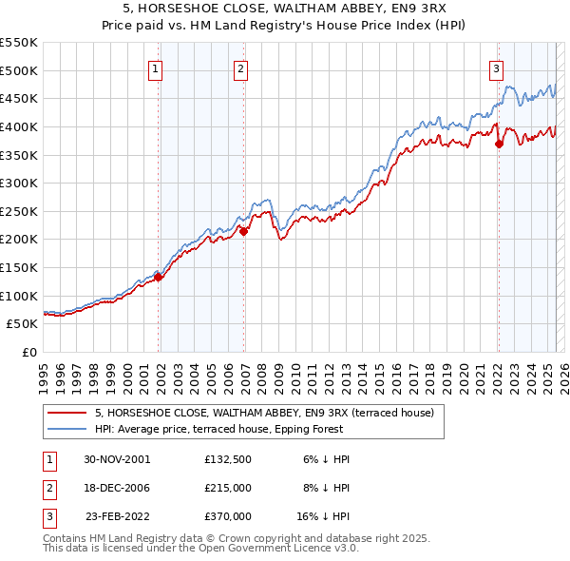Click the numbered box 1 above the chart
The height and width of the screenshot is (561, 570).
[155, 68]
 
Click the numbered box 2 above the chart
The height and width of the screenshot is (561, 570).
[241, 68]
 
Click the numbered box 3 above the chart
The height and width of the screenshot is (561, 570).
[496, 68]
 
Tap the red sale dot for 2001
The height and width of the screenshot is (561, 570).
[159, 277]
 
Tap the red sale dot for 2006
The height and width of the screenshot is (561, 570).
[244, 230]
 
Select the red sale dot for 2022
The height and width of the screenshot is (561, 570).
[499, 145]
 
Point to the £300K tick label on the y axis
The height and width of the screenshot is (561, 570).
[18, 183]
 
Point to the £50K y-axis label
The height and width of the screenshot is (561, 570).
[22, 324]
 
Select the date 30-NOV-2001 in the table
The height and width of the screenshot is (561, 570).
[117, 459]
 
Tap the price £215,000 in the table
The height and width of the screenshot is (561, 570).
[228, 488]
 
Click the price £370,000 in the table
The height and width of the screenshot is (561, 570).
[228, 516]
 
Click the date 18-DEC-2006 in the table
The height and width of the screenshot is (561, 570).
[117, 488]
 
